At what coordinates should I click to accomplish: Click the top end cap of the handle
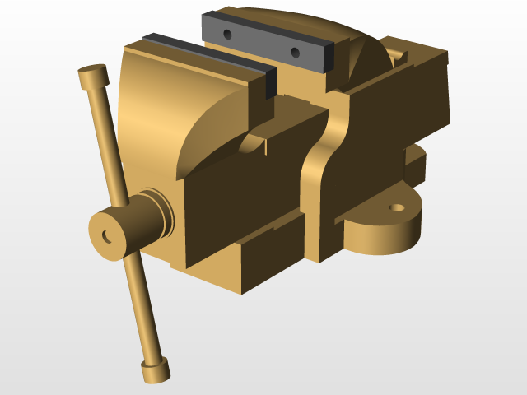94,77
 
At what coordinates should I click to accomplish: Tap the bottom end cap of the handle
155,371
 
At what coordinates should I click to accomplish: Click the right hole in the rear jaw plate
295,53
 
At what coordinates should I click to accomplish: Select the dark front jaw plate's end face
270,84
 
